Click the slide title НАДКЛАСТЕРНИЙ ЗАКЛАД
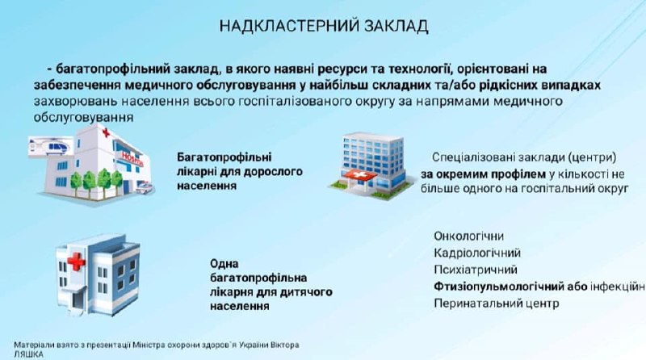pos(324,26)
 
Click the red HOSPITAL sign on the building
pos(132,158)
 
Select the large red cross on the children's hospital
pos(76,262)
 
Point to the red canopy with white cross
pos(359,175)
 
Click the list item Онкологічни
pos(468,236)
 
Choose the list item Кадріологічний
pos(477,253)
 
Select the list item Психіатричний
pos(475,270)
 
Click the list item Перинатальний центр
pos(496,303)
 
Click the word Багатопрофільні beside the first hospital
pos(224,157)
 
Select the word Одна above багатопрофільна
pos(224,264)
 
